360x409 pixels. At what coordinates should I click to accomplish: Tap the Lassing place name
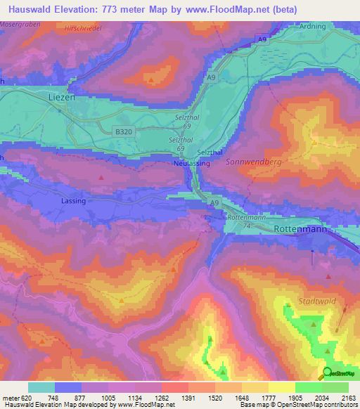(x=73, y=201)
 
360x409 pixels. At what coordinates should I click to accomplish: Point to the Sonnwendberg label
(x=254, y=162)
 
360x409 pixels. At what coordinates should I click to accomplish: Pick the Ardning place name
(x=311, y=27)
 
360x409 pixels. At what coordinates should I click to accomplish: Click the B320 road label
(x=123, y=131)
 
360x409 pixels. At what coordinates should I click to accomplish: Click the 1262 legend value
(x=161, y=397)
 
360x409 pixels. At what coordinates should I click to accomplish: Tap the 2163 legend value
(x=348, y=397)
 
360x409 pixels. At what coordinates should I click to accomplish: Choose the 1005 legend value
(x=108, y=397)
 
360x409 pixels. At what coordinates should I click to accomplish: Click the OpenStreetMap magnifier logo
(x=327, y=373)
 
